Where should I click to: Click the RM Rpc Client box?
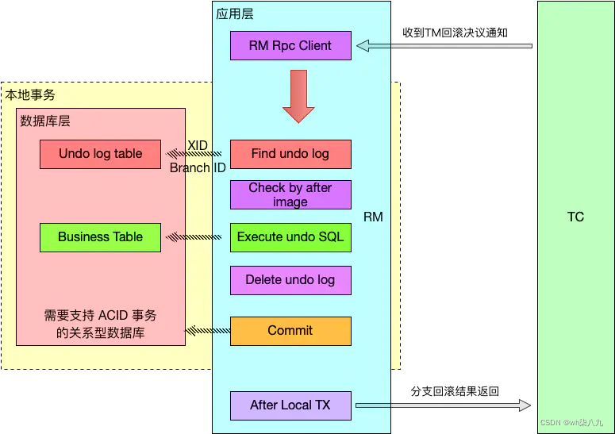pos(290,45)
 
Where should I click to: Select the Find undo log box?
pos(290,154)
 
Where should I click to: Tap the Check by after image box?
pos(290,195)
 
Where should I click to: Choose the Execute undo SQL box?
pos(290,237)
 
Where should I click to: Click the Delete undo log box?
pos(290,280)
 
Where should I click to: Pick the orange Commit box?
pos(290,331)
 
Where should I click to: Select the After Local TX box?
pos(290,405)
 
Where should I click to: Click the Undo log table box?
pos(101,154)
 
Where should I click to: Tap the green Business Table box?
pos(101,237)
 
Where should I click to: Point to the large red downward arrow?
pos(298,96)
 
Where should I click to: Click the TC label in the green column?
pos(575,217)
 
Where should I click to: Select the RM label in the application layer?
pos(373,217)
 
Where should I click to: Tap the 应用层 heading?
pos(235,14)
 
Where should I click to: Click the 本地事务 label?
pos(30,94)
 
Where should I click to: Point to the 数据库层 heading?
pos(45,121)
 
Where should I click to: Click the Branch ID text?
pos(198,167)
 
